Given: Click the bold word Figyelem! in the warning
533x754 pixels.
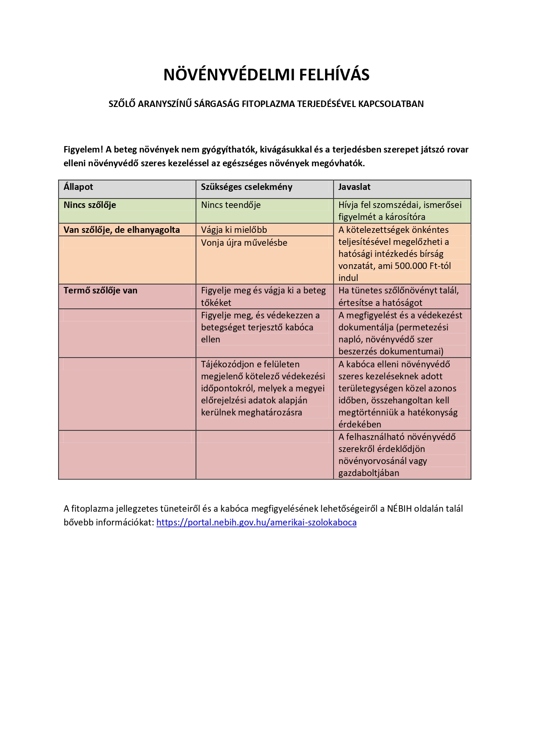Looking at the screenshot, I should [x=83, y=150].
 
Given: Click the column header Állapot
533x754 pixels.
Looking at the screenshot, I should [x=78, y=187].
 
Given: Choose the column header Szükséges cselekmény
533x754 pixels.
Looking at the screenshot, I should [x=247, y=187].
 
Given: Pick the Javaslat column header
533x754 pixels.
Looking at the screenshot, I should [x=354, y=187].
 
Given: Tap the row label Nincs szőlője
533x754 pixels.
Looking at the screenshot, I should [x=90, y=205].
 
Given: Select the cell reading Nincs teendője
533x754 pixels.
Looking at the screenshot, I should [x=231, y=205].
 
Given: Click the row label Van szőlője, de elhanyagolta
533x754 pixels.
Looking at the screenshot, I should [x=122, y=230].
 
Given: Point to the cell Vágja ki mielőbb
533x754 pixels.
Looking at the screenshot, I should [x=234, y=230].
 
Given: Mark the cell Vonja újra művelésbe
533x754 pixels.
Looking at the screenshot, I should [x=244, y=243].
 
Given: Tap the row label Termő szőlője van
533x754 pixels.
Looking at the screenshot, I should [x=101, y=290].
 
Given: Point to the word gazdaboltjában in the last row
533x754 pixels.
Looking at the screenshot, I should [x=369, y=473].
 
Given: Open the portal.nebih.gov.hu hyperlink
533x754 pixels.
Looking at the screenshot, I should [x=256, y=522].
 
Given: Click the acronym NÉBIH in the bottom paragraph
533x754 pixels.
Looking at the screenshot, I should [x=399, y=509].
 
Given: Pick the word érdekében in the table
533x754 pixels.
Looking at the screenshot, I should [x=359, y=424].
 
